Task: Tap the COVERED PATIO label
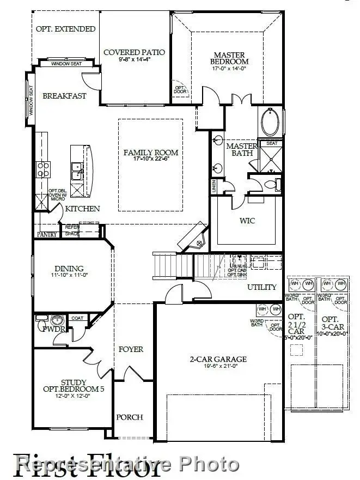tap(135, 53)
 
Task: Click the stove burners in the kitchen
tap(43, 169)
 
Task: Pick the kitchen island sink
tap(77, 171)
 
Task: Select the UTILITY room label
tap(262, 287)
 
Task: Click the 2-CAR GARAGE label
tap(218, 359)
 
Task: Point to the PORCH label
tap(130, 417)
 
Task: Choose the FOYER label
tap(131, 349)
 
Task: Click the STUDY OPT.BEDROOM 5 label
tap(66, 386)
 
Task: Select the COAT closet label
tap(77, 318)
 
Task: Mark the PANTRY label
tap(47, 234)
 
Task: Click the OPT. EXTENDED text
tap(65, 29)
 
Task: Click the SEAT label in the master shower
tap(271, 143)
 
